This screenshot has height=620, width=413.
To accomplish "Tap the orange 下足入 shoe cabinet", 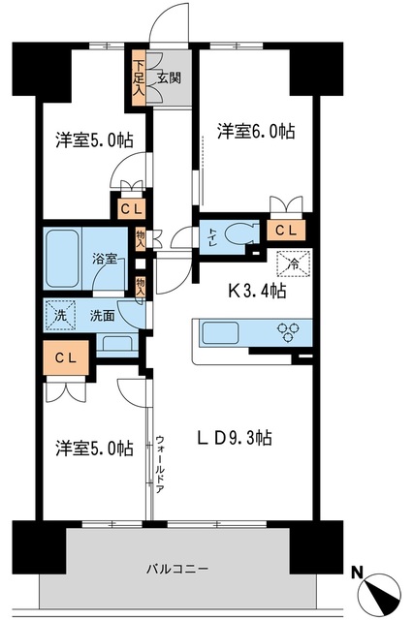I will (140, 77).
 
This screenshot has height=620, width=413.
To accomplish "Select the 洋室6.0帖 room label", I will (242, 129).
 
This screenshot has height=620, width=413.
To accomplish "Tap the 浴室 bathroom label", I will (105, 260).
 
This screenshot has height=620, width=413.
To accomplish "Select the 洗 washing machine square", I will (59, 315).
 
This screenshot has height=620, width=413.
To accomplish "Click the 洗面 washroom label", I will (102, 315).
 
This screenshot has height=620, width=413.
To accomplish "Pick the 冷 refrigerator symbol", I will (292, 262).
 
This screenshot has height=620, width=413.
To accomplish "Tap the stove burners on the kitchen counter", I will (288, 332).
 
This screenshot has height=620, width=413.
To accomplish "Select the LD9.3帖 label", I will (236, 438).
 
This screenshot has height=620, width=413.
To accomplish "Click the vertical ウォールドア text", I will (160, 461).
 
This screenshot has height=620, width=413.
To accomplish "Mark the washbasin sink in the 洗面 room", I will (118, 342).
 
